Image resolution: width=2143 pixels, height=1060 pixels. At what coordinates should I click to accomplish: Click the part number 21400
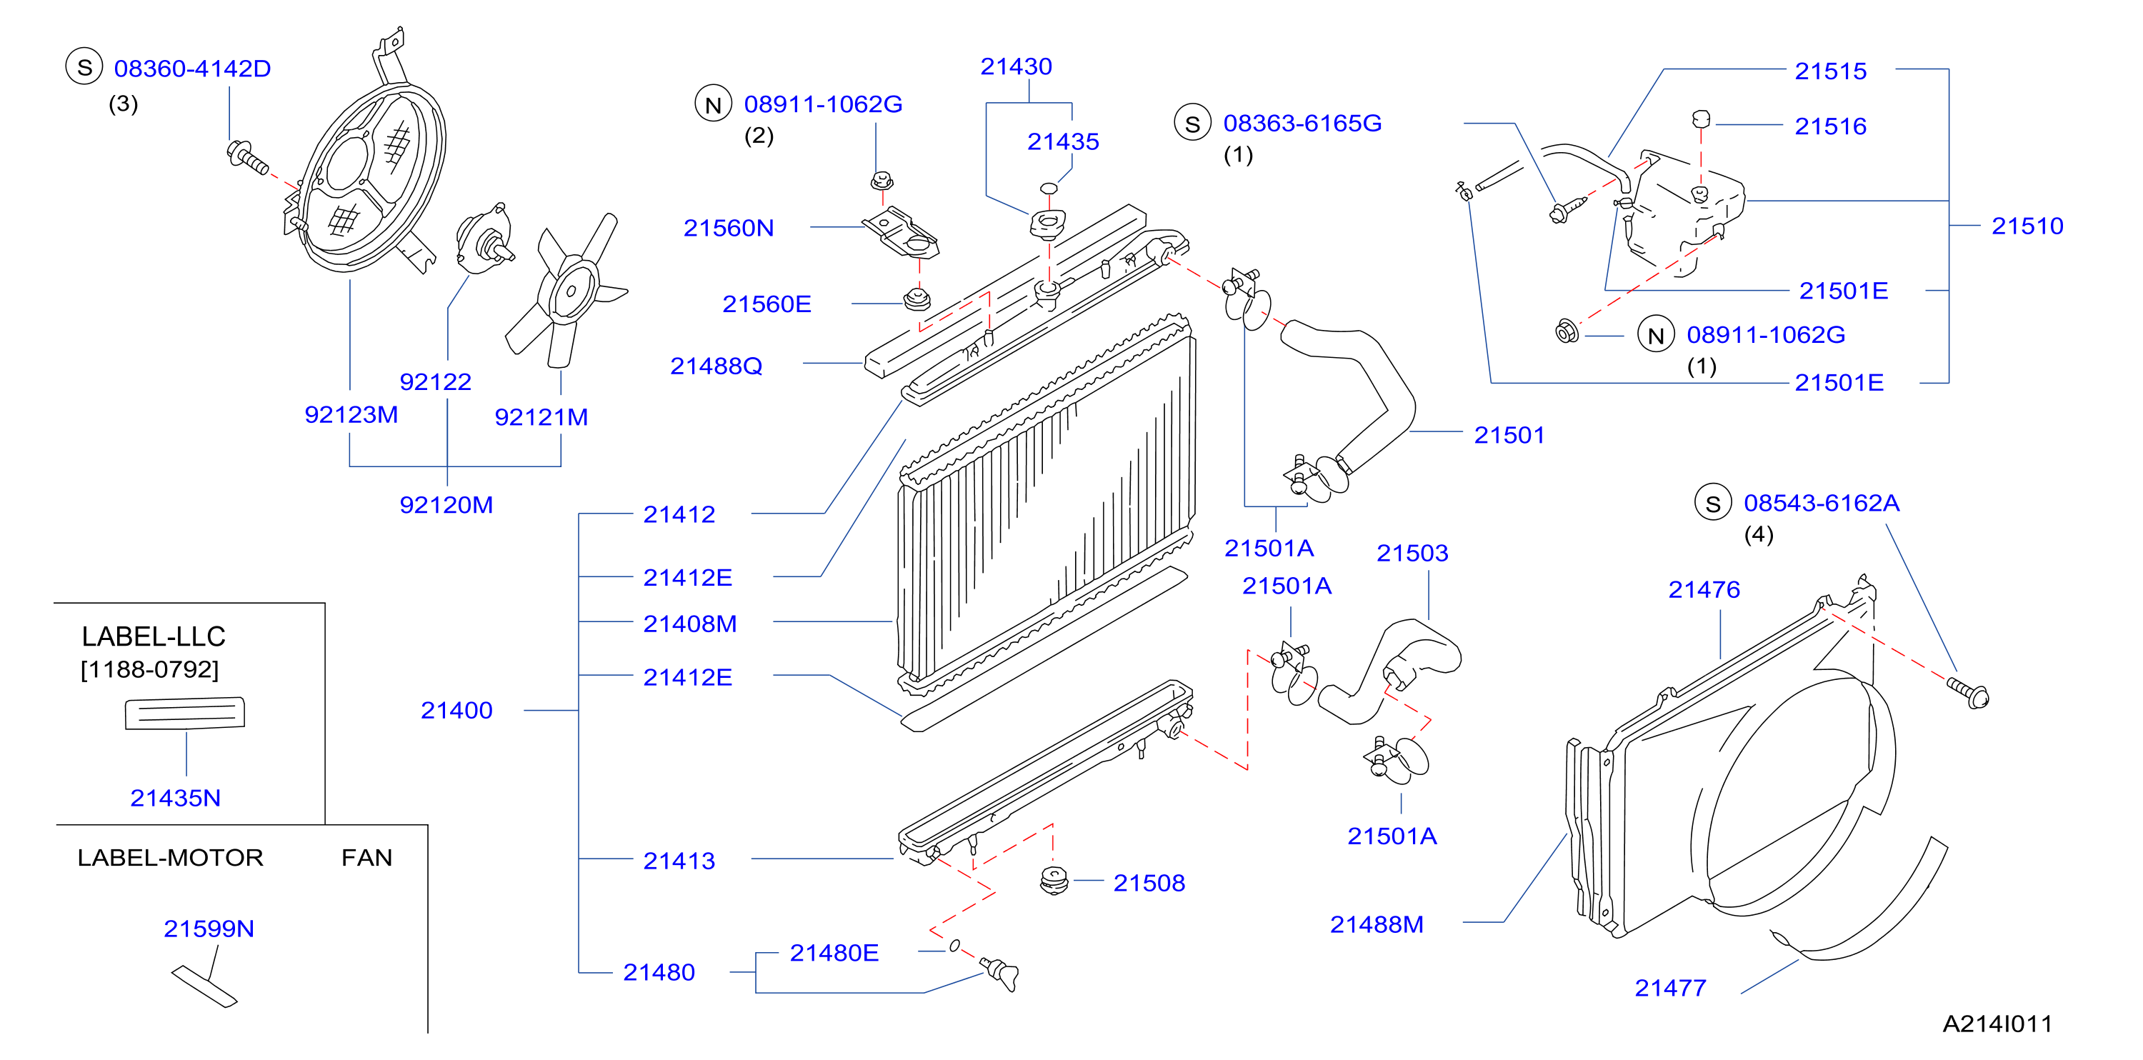[x=456, y=710]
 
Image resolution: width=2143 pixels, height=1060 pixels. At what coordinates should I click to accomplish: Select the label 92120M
[x=446, y=504]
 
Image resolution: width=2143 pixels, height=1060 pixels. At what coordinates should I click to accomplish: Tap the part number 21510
[x=2027, y=226]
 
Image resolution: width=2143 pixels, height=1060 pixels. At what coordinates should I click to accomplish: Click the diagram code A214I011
[x=1997, y=1024]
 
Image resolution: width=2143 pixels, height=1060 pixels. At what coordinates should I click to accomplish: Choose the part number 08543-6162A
[x=1821, y=503]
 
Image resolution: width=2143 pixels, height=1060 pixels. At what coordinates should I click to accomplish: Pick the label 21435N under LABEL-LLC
[x=176, y=798]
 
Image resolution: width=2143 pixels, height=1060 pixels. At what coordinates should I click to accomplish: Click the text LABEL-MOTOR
[x=171, y=857]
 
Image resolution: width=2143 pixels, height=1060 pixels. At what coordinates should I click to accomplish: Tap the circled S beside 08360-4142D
[x=84, y=67]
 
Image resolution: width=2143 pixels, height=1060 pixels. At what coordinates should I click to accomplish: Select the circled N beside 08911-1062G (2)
[x=713, y=104]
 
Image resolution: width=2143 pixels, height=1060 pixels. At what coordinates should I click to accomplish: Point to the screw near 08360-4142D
[x=248, y=158]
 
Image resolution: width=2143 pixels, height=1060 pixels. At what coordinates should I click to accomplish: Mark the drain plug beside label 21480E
[x=999, y=974]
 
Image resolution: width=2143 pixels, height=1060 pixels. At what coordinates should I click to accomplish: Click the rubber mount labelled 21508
[x=1054, y=880]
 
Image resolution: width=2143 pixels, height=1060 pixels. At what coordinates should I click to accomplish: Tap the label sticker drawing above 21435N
[x=185, y=713]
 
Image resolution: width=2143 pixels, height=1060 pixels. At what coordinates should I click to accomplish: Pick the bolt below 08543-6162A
[x=1967, y=692]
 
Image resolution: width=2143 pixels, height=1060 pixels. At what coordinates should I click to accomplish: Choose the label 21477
[x=1671, y=988]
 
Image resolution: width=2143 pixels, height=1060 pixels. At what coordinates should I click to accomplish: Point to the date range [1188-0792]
[x=150, y=669]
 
